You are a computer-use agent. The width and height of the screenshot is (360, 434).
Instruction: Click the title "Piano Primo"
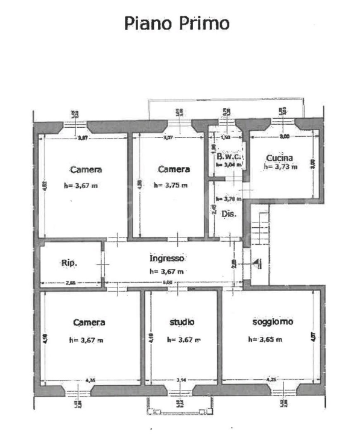pos(177,24)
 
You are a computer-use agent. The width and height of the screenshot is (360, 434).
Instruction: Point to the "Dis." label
pos(228,214)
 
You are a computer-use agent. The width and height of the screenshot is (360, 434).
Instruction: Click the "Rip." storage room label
pos(68,262)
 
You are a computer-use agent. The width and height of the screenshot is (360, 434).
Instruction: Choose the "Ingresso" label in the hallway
pos(167,259)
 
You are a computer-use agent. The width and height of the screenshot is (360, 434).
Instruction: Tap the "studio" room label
pos(182,322)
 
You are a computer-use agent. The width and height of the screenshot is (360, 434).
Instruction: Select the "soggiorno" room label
pos(273,322)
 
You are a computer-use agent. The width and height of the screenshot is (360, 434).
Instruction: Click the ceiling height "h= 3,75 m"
pos(171,185)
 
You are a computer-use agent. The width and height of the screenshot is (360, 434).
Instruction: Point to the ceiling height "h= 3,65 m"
pos(265,339)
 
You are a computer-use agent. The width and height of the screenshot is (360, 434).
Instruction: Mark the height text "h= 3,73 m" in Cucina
pos(280,167)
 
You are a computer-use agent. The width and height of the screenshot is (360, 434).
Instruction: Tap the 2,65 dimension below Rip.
pos(70,282)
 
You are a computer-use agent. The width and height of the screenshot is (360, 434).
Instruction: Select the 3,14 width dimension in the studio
pos(182,380)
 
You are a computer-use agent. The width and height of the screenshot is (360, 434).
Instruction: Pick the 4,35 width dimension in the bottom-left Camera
pos(90,380)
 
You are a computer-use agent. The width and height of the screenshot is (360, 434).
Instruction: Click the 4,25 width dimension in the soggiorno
pos(273,380)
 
